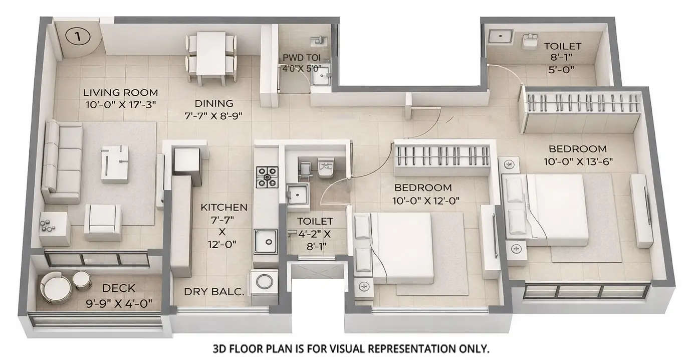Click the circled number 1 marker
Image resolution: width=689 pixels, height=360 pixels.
tap(77, 37)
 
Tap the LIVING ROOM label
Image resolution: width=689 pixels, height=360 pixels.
tap(120, 93)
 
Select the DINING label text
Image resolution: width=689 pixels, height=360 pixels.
tap(214, 104)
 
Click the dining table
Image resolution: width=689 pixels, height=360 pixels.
tap(211, 52)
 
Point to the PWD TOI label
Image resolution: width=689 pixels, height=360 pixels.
tap(302, 58)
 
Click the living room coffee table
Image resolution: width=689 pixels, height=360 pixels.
tap(114, 163)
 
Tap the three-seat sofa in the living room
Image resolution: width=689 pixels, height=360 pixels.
tap(62, 161)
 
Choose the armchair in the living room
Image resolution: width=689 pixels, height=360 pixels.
tap(102, 222)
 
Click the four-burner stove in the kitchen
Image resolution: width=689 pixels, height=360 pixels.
tap(267, 177)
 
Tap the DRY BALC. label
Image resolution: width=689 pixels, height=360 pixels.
tap(213, 292)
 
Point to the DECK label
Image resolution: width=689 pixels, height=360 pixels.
tap(118, 288)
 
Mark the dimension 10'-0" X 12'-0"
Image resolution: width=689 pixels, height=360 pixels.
tap(427, 201)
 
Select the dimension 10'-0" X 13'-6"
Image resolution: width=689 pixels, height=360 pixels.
tap(577, 161)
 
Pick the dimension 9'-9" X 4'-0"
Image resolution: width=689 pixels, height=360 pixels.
tap(119, 303)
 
